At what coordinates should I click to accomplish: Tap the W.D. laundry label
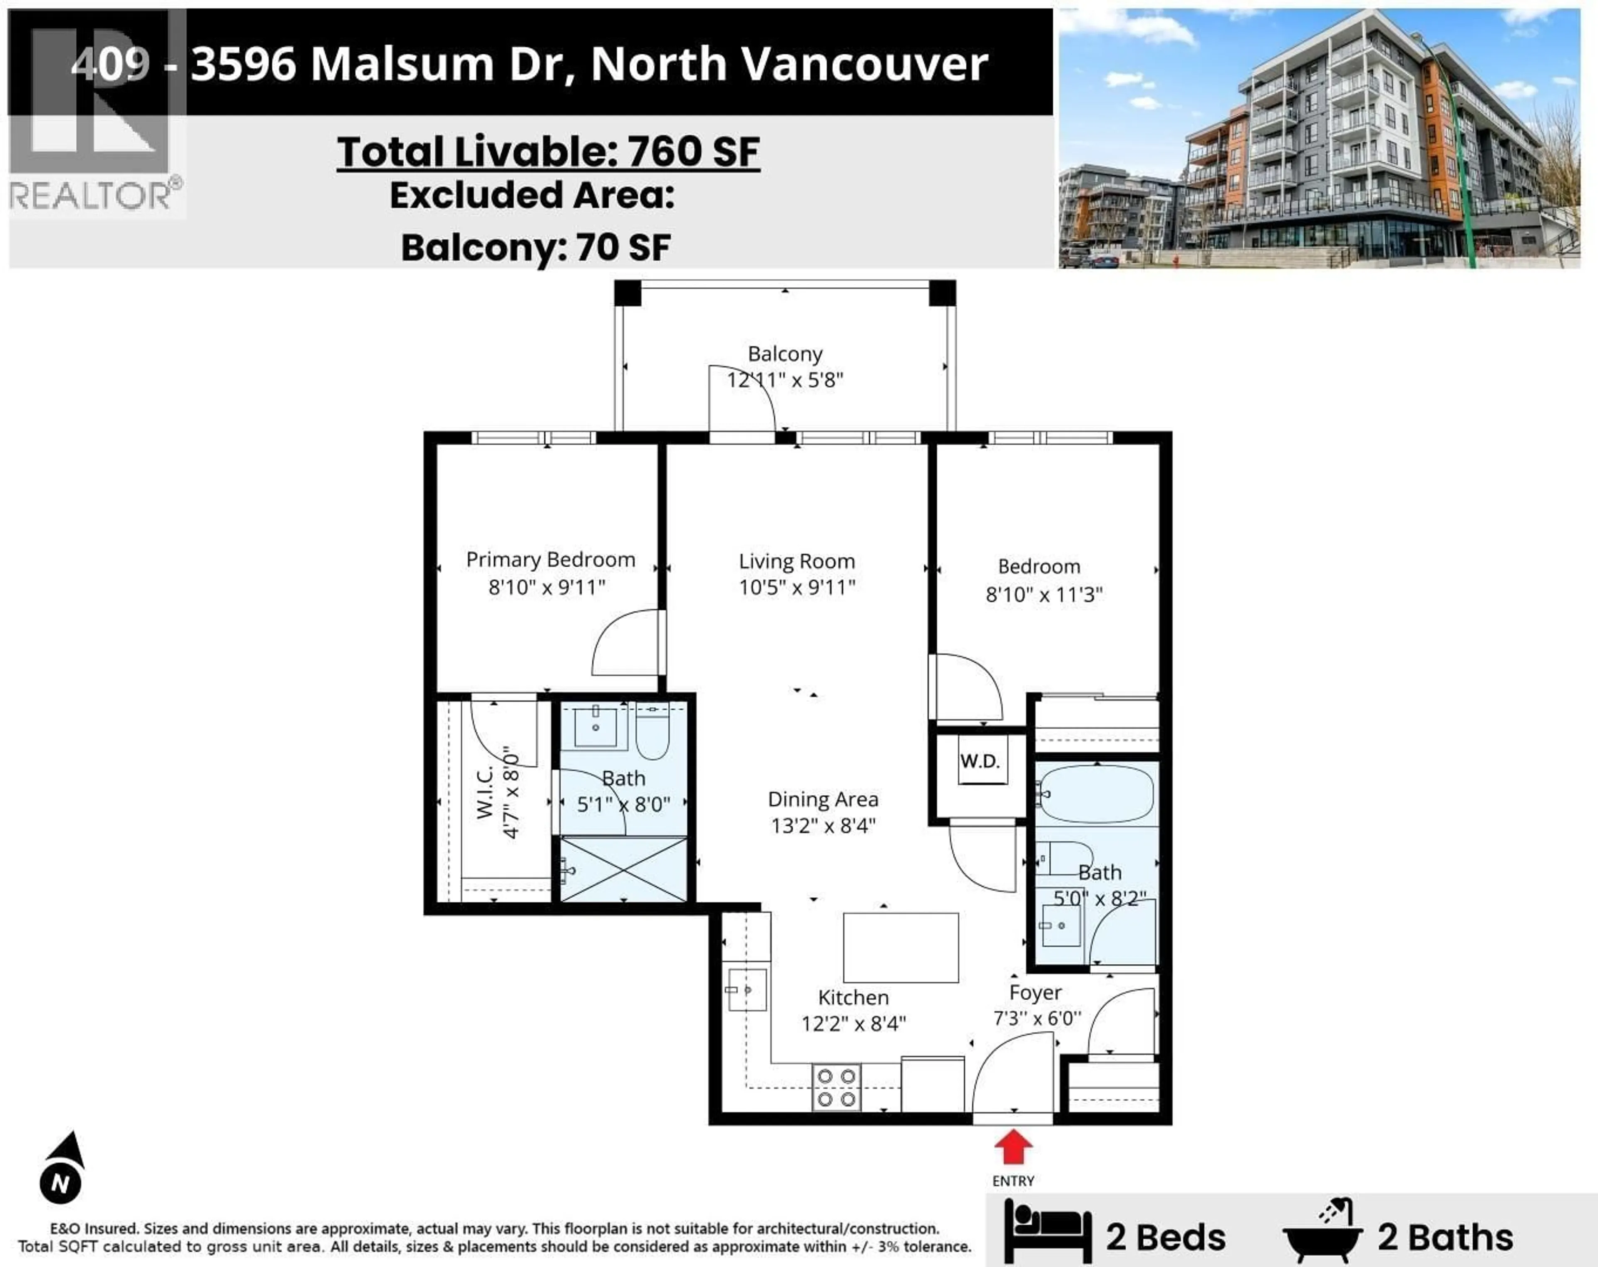pos(980,761)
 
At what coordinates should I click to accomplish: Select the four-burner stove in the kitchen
pos(836,1088)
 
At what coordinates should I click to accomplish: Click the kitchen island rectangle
pos(901,948)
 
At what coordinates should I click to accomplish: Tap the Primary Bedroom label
pos(550,560)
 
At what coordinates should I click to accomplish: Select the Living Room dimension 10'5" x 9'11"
pos(797,587)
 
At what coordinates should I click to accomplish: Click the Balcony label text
pos(785,354)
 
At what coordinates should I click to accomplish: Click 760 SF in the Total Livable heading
pos(693,152)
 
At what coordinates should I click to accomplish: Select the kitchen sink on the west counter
pos(747,990)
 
